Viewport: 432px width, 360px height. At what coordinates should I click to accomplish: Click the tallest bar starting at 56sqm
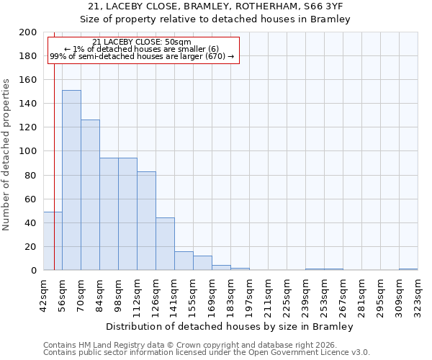tap(71, 180)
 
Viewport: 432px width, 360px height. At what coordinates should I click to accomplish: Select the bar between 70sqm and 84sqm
tap(90, 194)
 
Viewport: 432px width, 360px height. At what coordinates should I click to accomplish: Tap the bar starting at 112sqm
tap(146, 220)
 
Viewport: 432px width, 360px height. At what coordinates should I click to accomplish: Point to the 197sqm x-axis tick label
tap(249, 295)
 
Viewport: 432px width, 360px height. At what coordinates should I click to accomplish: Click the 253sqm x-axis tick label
tap(324, 295)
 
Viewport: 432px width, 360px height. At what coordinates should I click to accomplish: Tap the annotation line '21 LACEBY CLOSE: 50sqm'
tap(142, 42)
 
